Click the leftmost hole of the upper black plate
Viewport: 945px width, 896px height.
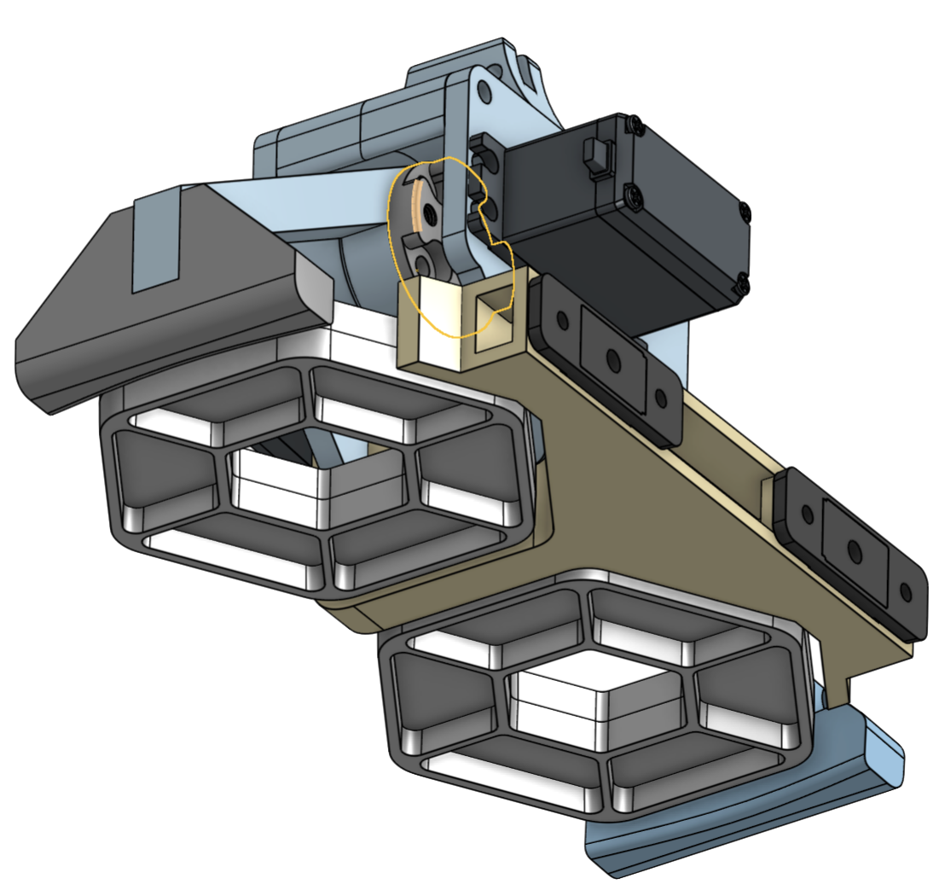562,321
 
